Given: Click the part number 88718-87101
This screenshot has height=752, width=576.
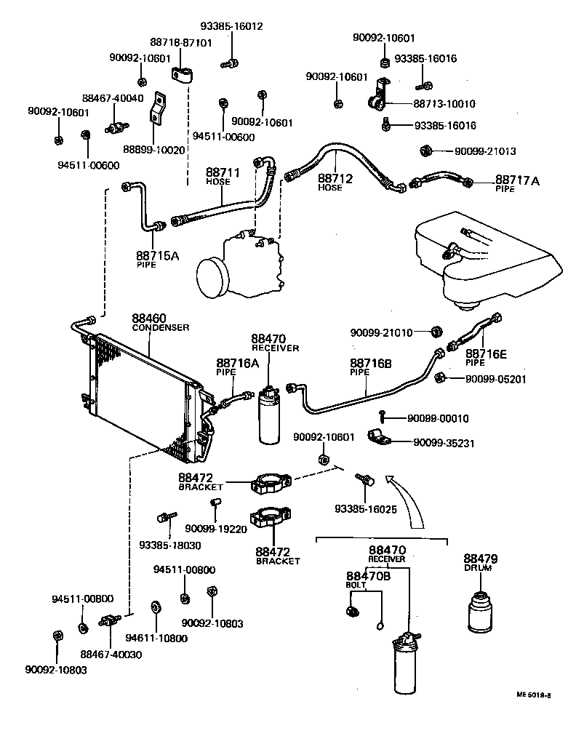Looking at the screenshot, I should coord(182,43).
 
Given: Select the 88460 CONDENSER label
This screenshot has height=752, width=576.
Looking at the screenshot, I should coord(160,322).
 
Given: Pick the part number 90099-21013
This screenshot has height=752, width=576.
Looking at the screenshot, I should coord(485,151).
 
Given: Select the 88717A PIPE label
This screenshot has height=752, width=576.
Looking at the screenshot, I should coord(517,183).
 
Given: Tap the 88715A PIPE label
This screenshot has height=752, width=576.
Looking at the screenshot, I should coord(156,259).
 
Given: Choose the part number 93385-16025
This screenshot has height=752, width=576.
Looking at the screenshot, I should coord(366,509).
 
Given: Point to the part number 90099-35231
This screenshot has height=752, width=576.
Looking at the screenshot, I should coord(444,442).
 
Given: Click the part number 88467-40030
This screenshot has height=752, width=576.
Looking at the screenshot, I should coord(111,655).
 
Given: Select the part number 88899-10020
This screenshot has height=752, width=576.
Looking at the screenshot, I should coord(153,150).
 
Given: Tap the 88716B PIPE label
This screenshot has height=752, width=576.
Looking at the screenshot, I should coord(370,367).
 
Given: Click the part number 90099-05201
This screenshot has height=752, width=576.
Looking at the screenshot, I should coord(495,379).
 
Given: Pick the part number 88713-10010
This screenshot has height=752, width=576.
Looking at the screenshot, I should coord(444,104).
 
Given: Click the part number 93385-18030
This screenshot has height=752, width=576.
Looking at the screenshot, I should coord(170,545).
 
